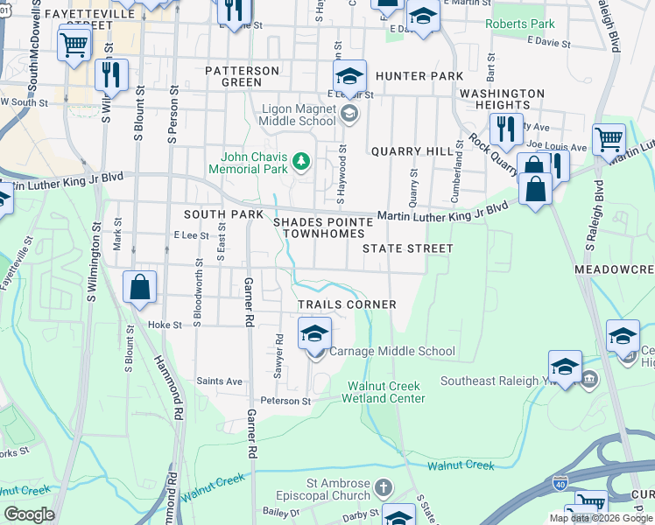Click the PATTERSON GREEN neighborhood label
coord(234,76)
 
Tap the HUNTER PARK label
coord(421,76)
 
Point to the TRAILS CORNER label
coord(347,304)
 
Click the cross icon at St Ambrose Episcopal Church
coord(383,486)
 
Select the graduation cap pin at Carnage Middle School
coord(315,333)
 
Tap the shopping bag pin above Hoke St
coord(139,286)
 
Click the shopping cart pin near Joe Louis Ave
coord(608,137)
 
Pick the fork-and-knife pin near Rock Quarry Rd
coord(506,129)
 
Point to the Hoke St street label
coord(164,325)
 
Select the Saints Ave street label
coord(219,381)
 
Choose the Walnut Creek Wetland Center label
coord(386,392)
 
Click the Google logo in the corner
coord(30,514)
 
